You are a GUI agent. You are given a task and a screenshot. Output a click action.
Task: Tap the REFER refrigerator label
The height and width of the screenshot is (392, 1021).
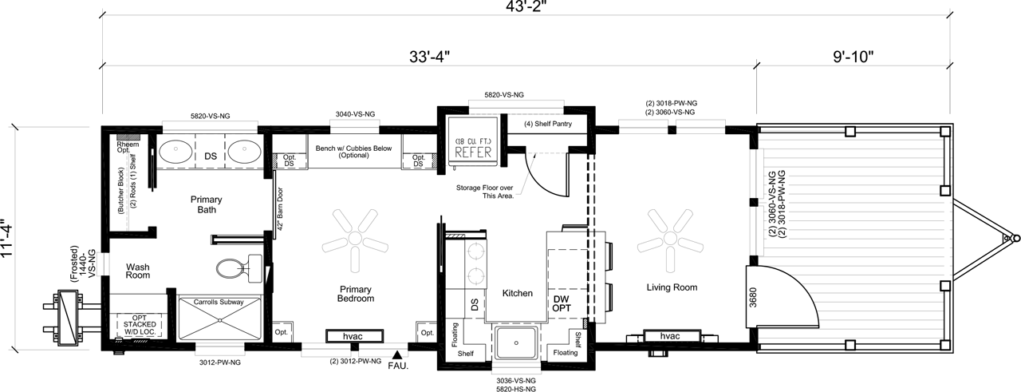click(473, 152)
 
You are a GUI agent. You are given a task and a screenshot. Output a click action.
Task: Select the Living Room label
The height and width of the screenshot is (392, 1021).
click(672, 287)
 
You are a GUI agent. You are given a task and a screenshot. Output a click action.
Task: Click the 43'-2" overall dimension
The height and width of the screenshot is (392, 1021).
click(526, 6)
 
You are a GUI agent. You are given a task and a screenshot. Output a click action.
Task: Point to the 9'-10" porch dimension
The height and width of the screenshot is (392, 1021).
click(853, 57)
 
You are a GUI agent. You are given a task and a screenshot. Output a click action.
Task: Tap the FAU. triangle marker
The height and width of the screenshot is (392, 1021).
click(397, 354)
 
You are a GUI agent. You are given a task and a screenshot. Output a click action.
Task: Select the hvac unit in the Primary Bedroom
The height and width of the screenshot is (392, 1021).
click(354, 336)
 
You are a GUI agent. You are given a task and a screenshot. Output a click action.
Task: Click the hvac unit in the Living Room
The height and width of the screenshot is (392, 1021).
click(672, 336)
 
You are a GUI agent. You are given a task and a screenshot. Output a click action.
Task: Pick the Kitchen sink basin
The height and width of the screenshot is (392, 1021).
click(516, 343)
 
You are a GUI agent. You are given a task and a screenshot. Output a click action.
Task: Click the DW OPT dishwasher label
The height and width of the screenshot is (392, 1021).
click(562, 303)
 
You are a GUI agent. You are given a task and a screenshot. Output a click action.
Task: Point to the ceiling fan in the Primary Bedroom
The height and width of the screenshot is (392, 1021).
click(355, 240)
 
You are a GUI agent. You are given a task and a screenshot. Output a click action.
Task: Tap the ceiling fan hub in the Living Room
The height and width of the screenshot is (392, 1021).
click(670, 238)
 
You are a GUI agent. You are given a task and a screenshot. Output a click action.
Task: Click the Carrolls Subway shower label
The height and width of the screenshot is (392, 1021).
click(219, 302)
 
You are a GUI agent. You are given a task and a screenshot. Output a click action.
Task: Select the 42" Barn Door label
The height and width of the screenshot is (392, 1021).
click(280, 208)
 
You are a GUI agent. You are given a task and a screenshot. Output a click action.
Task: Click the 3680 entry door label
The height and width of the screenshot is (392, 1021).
click(752, 297)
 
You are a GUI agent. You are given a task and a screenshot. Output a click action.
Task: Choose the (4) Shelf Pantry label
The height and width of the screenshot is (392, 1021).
click(548, 124)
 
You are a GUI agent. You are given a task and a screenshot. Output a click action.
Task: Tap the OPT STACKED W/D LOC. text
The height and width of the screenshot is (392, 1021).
click(140, 324)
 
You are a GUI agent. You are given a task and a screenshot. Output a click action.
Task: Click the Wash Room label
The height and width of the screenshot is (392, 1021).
click(138, 271)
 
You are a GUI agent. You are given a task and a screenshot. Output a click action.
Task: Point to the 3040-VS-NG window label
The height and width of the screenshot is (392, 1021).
click(355, 114)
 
